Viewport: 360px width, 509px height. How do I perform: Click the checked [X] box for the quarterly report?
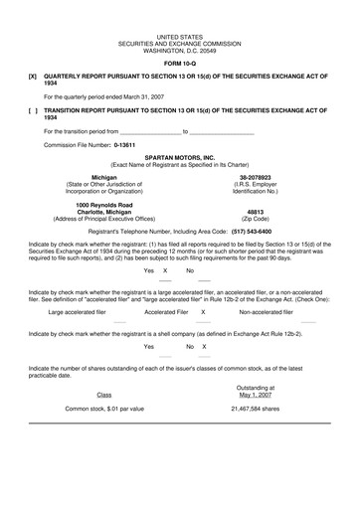click(x=34, y=76)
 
